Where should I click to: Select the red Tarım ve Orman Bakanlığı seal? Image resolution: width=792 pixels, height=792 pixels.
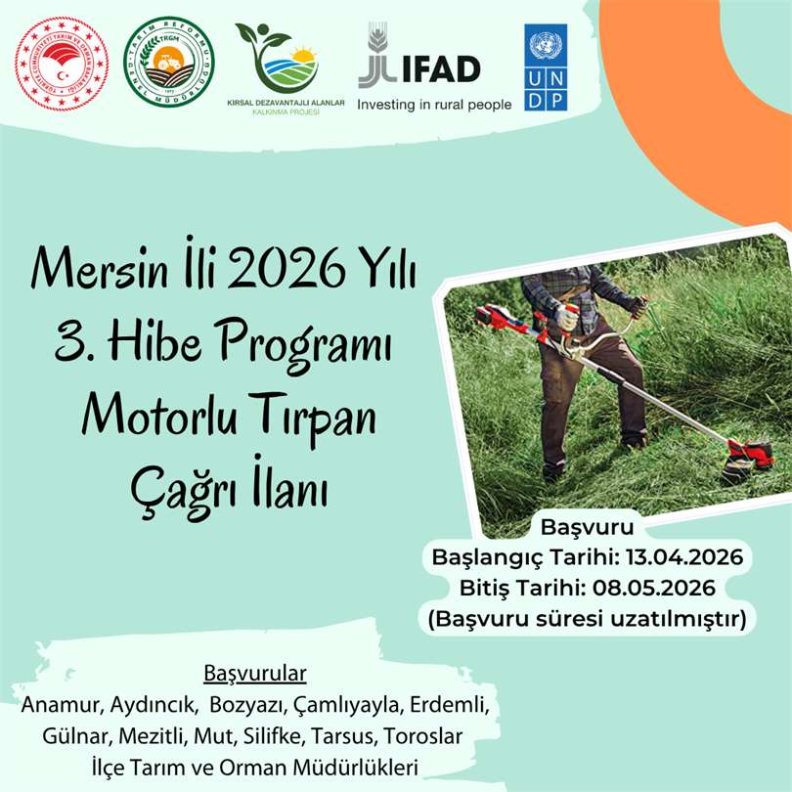pos(59,66)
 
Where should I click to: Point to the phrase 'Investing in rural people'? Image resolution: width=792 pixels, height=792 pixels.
pos(434,104)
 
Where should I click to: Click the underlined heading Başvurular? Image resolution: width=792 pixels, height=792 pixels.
pos(254,675)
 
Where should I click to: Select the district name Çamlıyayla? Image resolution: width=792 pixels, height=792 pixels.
pos(343,705)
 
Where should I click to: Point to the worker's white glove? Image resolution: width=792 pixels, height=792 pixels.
pos(565,318)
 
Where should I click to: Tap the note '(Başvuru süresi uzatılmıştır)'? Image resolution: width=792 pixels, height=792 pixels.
pos(586,618)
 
